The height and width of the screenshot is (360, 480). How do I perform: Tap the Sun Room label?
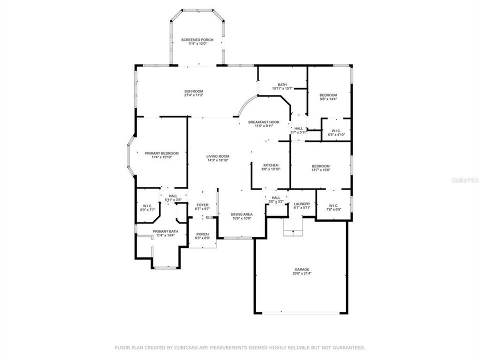[193, 91]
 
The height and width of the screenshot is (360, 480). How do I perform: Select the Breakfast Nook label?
[263, 122]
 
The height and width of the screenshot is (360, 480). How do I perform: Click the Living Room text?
[217, 156]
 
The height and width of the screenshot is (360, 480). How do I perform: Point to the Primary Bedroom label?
[161, 153]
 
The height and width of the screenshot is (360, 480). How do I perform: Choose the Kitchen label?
[271, 165]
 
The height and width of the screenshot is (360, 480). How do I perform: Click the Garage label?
[301, 269]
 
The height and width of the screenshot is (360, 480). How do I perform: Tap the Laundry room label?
[302, 203]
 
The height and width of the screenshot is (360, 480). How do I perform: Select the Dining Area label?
[241, 214]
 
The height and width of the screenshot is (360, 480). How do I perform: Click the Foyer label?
[202, 204]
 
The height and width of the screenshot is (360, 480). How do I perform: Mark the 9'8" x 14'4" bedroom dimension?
[328, 99]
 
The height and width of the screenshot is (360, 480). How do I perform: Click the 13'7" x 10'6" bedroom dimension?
[320, 170]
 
